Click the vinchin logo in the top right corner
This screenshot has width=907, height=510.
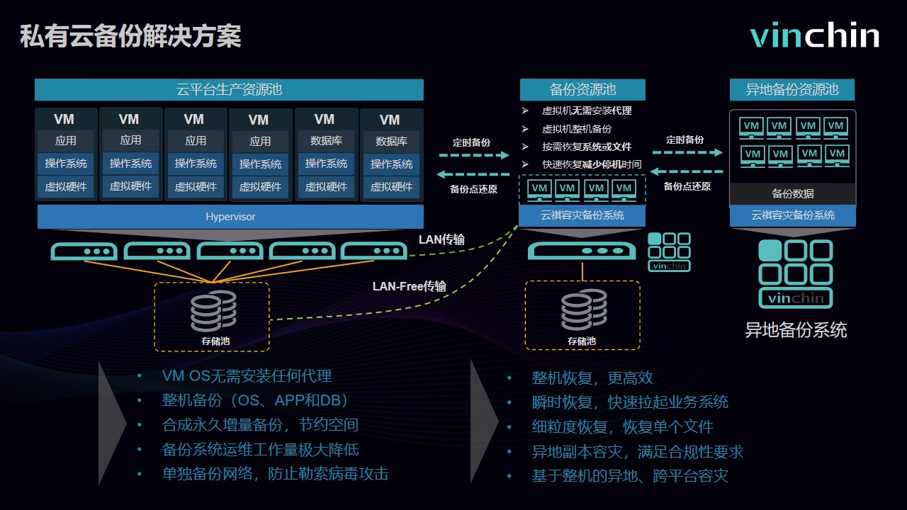click(815, 35)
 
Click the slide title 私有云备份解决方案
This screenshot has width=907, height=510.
click(130, 36)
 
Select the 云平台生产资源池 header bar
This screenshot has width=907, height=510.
click(229, 90)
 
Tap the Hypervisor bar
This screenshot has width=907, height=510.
click(230, 217)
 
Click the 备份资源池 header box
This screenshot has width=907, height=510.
click(582, 90)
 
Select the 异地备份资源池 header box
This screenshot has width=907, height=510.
click(792, 90)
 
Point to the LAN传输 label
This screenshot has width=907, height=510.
click(441, 239)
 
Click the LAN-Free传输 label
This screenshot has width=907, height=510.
click(410, 286)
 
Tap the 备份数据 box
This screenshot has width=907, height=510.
click(792, 193)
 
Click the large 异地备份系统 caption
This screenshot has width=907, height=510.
click(795, 330)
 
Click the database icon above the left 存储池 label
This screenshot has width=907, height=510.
click(213, 312)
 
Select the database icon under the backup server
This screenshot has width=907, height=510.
click(583, 311)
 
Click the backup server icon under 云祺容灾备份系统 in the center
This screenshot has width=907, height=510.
click(582, 251)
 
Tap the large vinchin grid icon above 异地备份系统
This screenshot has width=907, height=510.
click(795, 273)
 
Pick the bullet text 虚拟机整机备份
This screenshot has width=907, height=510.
click(576, 129)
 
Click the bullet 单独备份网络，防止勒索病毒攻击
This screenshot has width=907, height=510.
click(275, 474)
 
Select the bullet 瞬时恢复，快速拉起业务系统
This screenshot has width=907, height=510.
click(630, 402)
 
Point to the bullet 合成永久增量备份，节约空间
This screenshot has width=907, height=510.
click(260, 425)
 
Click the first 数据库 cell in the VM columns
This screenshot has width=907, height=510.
click(325, 141)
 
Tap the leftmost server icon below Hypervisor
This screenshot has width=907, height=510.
click(84, 251)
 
